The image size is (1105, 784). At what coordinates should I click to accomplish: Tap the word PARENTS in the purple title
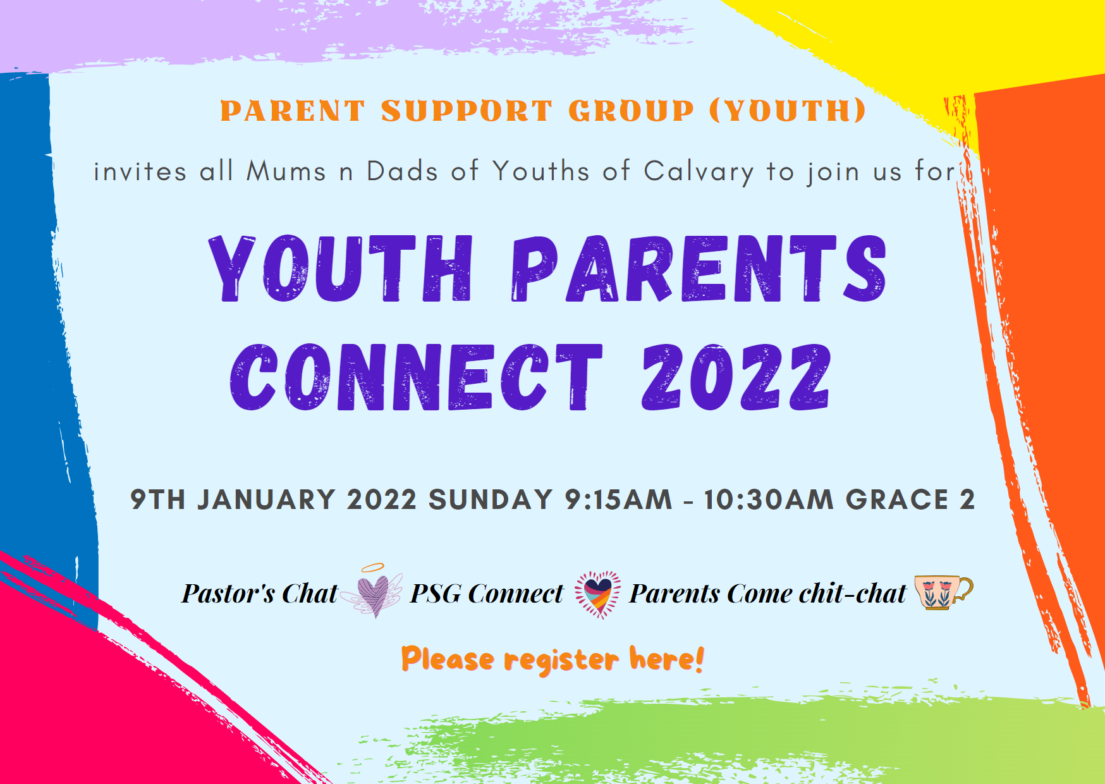[699, 269]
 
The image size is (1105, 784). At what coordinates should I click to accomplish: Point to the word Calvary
[699, 172]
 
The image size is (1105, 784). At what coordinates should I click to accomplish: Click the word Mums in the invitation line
[286, 171]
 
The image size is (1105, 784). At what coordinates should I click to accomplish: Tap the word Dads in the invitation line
[402, 171]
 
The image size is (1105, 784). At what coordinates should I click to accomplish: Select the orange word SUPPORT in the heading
[467, 111]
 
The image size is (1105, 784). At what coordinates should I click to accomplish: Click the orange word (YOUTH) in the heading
[787, 111]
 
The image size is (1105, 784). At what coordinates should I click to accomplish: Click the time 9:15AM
[618, 499]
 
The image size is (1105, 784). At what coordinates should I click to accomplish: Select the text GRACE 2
[910, 499]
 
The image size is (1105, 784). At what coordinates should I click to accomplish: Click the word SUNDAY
[491, 499]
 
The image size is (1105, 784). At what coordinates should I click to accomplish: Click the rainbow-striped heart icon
[597, 594]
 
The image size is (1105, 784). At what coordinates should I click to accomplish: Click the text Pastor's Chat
[259, 594]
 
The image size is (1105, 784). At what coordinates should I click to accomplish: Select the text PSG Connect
[486, 594]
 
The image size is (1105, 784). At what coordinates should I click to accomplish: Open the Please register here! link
[552, 659]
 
